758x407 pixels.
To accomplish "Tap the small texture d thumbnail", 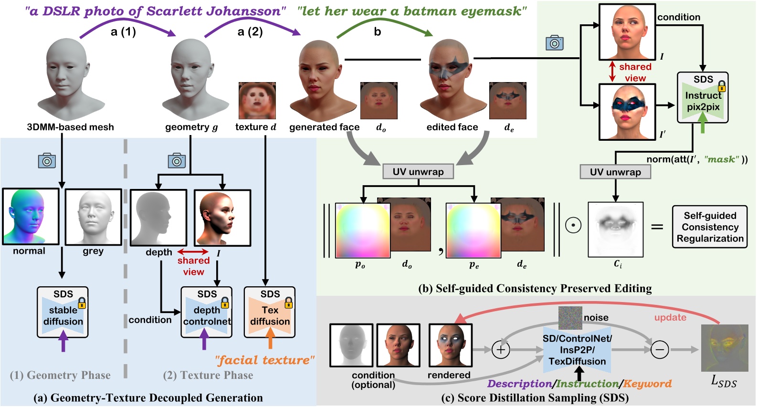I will point(257,101).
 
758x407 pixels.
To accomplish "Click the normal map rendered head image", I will point(31,217).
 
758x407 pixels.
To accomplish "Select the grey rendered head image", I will point(93,217).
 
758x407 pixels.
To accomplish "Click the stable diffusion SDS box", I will point(63,312).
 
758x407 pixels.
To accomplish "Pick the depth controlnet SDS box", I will point(206,312).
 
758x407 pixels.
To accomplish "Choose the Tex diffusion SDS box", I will point(270,312).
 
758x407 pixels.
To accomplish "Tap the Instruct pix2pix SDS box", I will point(703,98).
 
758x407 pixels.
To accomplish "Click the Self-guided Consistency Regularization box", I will point(709,227).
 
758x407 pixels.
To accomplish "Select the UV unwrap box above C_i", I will point(615,172).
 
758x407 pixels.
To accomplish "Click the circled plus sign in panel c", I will point(500,350).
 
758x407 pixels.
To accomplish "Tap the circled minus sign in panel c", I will point(660,350).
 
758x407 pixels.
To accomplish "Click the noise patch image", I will point(570,318).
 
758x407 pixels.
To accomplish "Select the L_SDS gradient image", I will point(724,348).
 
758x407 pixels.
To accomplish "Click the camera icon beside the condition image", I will point(554,43).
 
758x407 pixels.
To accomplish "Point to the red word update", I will point(670,318).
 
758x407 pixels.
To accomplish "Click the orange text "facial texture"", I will point(264,360).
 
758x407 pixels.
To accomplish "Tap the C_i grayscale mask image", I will point(615,229).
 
